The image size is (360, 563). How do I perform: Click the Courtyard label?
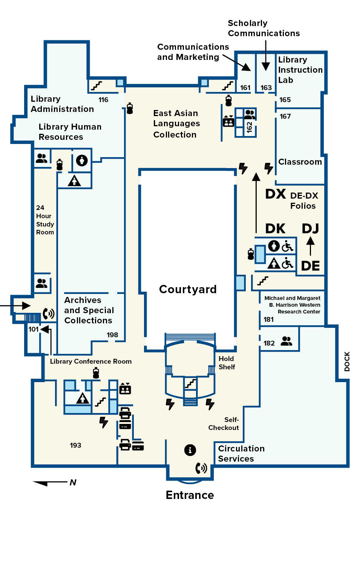coord(188,289)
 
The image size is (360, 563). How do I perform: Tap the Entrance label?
coord(190,495)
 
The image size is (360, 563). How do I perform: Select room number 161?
coord(245,87)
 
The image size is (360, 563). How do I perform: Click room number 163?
coord(266,87)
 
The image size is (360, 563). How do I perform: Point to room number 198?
coord(112,335)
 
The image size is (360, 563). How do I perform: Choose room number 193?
coord(75,445)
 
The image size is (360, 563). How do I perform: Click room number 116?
coord(103,100)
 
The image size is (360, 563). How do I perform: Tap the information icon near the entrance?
coord(190,450)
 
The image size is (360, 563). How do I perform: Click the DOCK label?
coord(347,361)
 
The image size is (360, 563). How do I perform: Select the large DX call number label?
coord(276,194)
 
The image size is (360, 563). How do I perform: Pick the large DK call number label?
coord(275,229)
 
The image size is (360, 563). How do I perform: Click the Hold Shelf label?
coord(227,363)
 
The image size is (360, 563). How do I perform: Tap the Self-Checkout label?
coord(224,424)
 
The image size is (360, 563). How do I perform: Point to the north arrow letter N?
coord(73,482)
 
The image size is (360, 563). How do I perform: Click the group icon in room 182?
coord(286,341)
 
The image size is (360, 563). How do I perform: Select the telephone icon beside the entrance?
coord(201,468)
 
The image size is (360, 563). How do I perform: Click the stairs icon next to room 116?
coord(96,86)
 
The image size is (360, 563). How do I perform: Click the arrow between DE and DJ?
coord(311,246)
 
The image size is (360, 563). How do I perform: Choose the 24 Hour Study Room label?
coord(45,220)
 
